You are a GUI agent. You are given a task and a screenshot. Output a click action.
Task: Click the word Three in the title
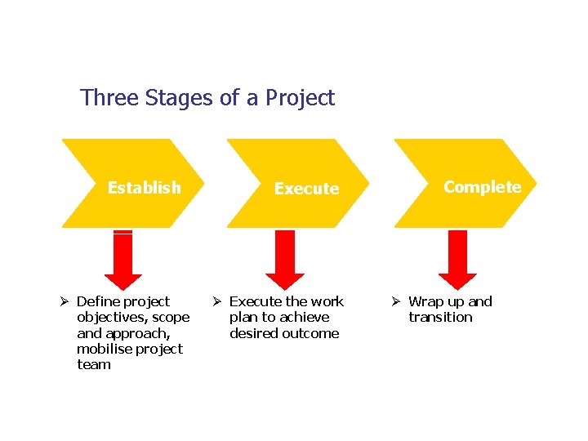(x=109, y=98)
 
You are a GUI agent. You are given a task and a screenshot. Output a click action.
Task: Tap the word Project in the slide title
(x=300, y=99)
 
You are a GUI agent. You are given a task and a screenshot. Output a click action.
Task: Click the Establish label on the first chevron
(x=144, y=188)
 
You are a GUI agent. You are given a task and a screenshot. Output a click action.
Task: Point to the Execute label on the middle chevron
(x=306, y=189)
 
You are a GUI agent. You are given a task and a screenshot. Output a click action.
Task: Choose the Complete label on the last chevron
(x=482, y=187)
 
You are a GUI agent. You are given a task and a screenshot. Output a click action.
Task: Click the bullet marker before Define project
(x=65, y=302)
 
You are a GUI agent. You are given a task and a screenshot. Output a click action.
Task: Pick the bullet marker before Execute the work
(x=218, y=302)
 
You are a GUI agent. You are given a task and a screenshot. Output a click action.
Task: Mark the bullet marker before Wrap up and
(x=397, y=302)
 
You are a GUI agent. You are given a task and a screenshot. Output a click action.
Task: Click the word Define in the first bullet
(x=97, y=301)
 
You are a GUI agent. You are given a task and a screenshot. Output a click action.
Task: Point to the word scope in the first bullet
(x=171, y=317)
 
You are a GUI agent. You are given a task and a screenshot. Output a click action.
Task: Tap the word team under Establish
(x=93, y=364)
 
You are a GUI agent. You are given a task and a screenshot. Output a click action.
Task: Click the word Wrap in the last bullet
(x=425, y=301)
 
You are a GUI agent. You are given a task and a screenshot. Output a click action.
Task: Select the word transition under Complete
(x=440, y=317)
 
